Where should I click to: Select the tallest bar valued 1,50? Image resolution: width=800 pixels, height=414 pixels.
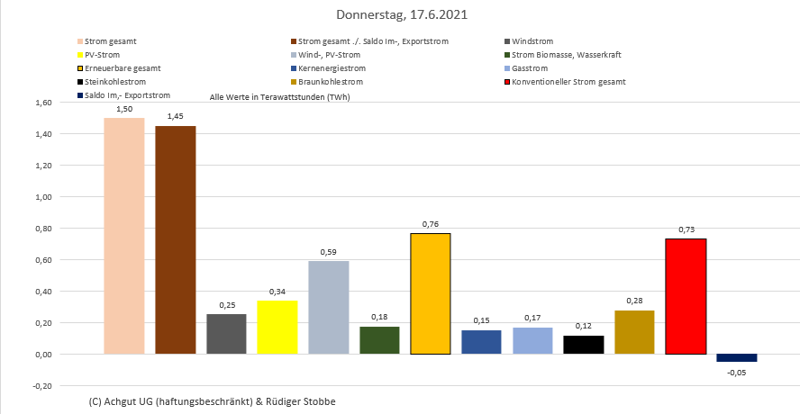pyautogui.click(x=124, y=236)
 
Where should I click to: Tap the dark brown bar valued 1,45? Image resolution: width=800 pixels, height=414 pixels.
pyautogui.click(x=175, y=239)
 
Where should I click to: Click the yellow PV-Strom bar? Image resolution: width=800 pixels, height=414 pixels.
pyautogui.click(x=277, y=327)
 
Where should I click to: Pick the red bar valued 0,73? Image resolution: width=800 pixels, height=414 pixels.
pyautogui.click(x=685, y=296)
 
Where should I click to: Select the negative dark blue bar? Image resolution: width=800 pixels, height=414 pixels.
pyautogui.click(x=736, y=357)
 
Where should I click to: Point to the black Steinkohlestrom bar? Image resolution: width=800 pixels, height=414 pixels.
pyautogui.click(x=583, y=345)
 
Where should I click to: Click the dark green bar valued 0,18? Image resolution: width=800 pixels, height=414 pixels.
pyautogui.click(x=379, y=340)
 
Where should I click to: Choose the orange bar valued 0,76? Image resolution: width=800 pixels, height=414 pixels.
pyautogui.click(x=430, y=293)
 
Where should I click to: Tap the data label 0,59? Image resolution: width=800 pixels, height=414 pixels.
pyautogui.click(x=328, y=252)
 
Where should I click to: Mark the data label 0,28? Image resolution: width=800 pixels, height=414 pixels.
pyautogui.click(x=634, y=301)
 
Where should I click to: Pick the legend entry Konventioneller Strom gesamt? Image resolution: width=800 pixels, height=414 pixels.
pyautogui.click(x=568, y=82)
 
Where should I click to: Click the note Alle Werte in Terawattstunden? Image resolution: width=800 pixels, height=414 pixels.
pyautogui.click(x=279, y=95)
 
